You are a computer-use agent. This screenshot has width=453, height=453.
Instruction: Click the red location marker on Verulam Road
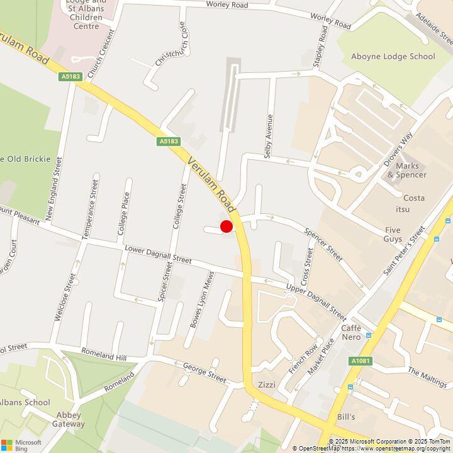pos(226,227)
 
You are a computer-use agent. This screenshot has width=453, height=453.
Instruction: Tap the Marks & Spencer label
pos(406,170)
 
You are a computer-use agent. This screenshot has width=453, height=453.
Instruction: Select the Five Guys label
pos(393,234)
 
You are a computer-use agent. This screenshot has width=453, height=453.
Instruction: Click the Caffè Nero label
pos(351,332)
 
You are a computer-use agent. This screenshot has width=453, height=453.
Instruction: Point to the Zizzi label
pos(267,385)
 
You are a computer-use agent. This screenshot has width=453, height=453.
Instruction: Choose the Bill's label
pos(345,417)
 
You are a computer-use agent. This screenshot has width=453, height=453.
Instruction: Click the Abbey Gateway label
pos(69,419)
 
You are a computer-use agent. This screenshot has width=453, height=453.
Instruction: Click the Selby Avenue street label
pos(269,136)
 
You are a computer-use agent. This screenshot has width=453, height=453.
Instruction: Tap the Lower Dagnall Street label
pos(158,255)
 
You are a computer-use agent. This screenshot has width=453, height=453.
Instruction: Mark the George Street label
pos(204,373)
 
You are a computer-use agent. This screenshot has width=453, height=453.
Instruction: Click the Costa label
pos(414,198)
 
